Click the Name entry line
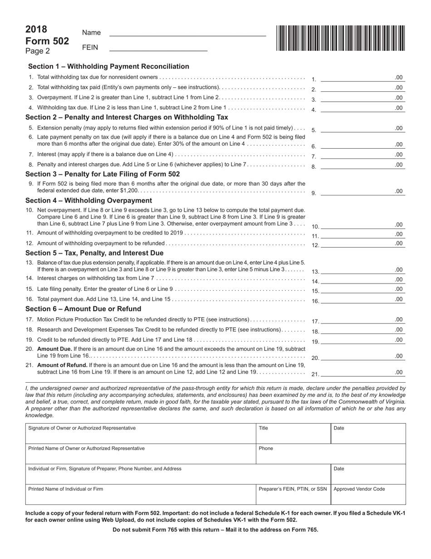coord(187,32)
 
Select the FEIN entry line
coord(158,47)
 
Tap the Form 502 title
coord(47,41)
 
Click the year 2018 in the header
coord(36,30)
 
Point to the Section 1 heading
coord(108,66)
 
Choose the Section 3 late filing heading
coord(103,174)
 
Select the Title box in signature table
coord(293,434)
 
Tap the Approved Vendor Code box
coord(368,494)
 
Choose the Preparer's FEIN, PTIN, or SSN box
coord(293,494)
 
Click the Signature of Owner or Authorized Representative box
coord(141,434)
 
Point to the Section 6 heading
coord(83,309)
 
